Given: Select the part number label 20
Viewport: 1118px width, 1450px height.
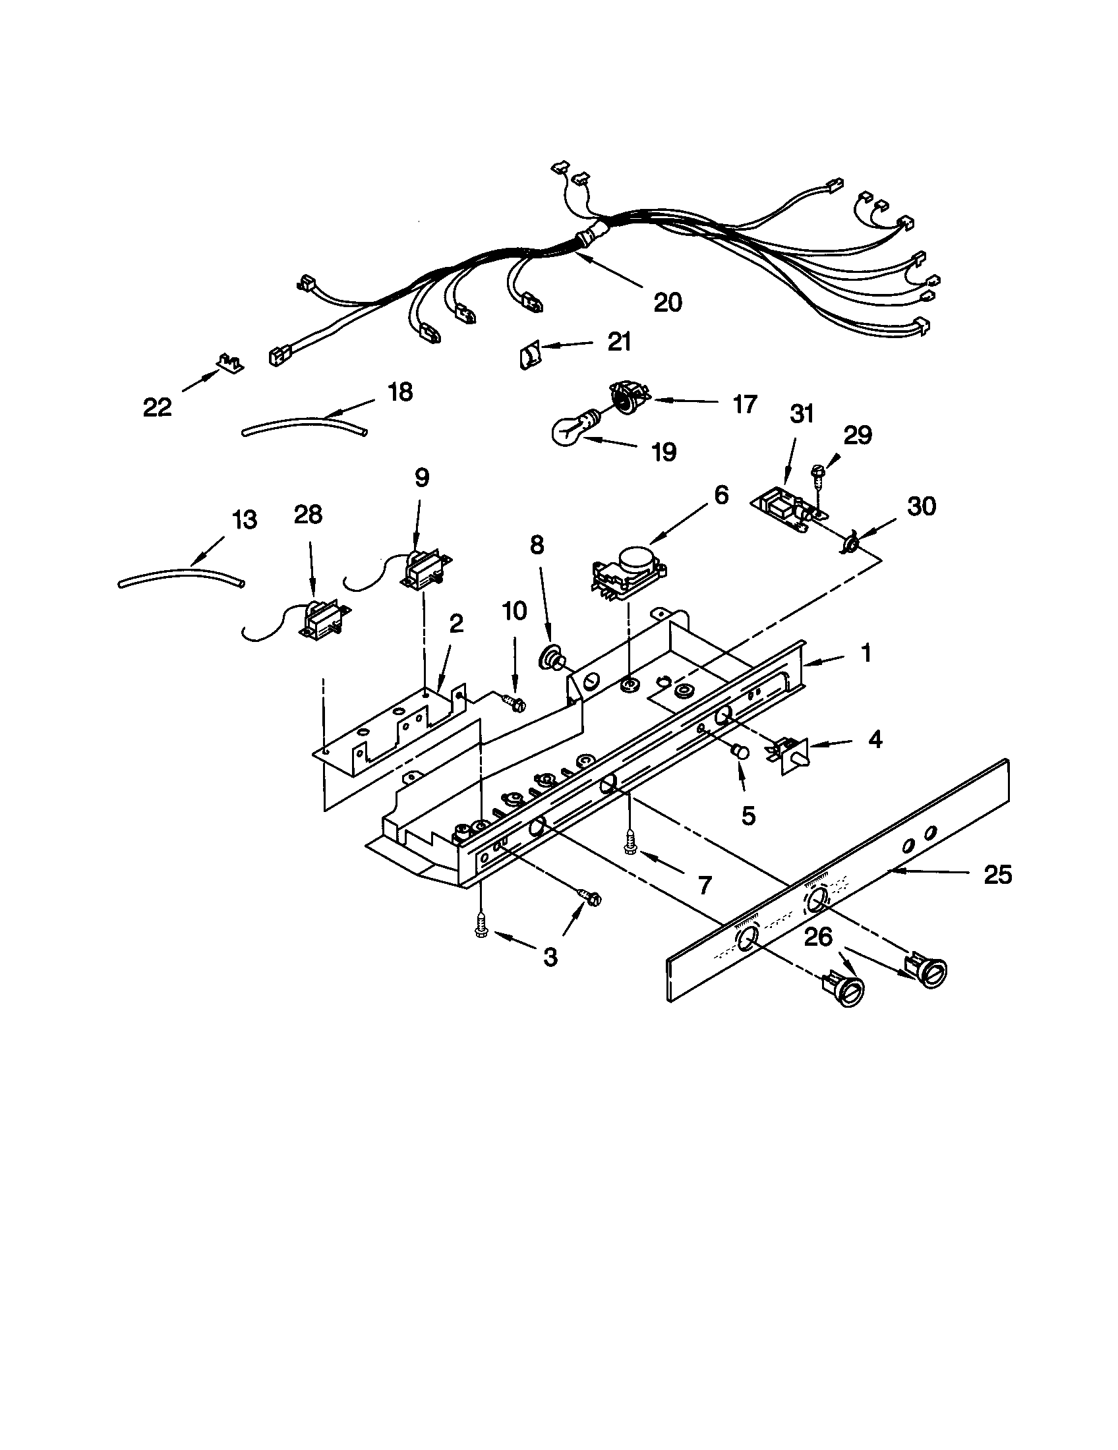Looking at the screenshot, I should point(667,303).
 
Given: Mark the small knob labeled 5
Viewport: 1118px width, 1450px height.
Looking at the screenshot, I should point(739,752).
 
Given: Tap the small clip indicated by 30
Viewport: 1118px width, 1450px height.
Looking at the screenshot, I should point(849,544).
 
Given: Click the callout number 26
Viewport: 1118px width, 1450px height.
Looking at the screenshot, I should point(818,937).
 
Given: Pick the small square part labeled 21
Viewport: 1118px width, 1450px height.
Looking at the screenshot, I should point(528,356).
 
